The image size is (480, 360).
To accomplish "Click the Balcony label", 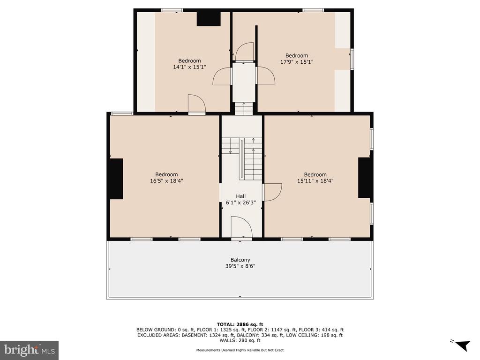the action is click(x=240, y=260).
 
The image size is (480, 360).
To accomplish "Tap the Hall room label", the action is click(x=240, y=196).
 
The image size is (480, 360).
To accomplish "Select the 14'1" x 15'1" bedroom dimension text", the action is click(x=189, y=67).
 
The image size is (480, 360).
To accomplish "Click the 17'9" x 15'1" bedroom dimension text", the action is click(x=297, y=61).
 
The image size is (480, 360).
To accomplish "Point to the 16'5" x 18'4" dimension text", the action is click(x=166, y=180).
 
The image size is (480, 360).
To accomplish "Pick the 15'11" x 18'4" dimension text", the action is click(x=315, y=180).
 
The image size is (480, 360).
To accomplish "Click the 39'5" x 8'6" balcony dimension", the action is click(x=240, y=266).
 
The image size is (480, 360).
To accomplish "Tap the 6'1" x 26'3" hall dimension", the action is click(x=240, y=202).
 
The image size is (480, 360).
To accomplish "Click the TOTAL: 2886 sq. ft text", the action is click(x=240, y=324).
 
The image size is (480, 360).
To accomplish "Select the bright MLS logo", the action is click(x=30, y=350).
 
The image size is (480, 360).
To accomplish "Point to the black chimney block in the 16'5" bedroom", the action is click(x=116, y=179).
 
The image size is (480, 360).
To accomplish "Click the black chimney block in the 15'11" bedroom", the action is click(x=365, y=178).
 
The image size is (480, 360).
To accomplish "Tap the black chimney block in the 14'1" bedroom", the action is click(x=209, y=19).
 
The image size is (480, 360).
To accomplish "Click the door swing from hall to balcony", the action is click(x=241, y=227).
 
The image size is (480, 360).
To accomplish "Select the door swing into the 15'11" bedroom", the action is click(x=272, y=192).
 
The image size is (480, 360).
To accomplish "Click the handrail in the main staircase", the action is click(x=242, y=159).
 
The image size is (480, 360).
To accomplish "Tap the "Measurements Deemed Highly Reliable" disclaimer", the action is click(x=240, y=350).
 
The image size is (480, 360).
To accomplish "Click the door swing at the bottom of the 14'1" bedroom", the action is click(x=196, y=105).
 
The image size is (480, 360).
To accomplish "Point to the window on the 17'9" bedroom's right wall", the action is click(x=352, y=59).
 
